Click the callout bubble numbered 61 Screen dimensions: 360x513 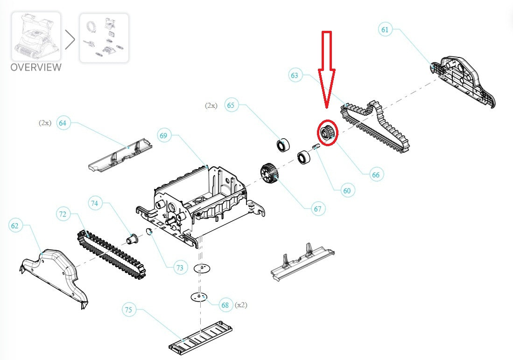385,30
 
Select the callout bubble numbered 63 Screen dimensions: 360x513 295,75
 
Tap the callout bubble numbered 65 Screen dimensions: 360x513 231,105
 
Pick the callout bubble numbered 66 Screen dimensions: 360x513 376,175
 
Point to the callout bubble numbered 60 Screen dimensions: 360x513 346,191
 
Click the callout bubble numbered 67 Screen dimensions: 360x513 318,209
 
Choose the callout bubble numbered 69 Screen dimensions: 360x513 164,136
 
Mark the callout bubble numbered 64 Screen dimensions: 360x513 63,123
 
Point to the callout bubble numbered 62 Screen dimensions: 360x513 15,226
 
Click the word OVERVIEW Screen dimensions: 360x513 36,67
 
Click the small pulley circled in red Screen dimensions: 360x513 326,132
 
